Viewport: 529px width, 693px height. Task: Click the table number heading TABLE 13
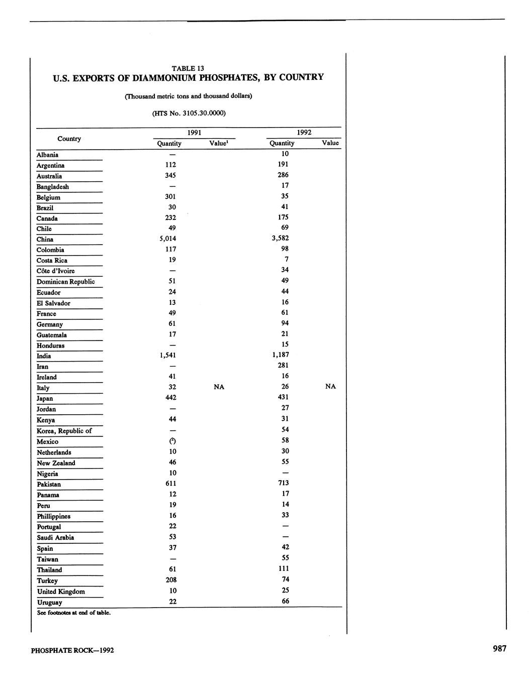tap(188, 68)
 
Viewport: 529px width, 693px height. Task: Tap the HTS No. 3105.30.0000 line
tap(189, 113)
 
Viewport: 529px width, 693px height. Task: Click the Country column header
tap(69, 139)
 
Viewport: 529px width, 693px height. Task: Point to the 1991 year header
tap(195, 133)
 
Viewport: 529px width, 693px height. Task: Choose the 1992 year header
tap(304, 133)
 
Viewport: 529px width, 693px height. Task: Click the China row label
tap(45, 240)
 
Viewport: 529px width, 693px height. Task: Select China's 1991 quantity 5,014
tap(168, 239)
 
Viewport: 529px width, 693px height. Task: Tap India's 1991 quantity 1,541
tap(168, 355)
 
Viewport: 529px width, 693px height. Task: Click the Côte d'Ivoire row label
tap(55, 271)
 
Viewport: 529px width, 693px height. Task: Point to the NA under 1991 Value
tap(219, 387)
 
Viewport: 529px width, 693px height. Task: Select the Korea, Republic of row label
tap(64, 431)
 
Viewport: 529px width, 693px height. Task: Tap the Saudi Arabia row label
tap(55, 537)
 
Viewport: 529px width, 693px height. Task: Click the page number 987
tap(499, 648)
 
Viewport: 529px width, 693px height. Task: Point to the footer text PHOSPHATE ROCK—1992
tap(72, 650)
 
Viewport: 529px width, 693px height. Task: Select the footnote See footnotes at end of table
tap(73, 613)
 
